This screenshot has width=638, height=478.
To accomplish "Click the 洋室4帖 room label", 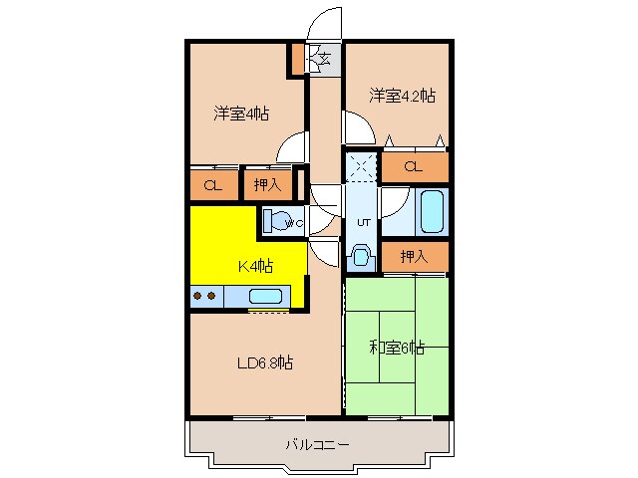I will pos(240,114).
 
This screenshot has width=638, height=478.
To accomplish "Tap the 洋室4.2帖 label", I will pos(402,96).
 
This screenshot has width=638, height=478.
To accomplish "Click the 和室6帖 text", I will pos(397,348).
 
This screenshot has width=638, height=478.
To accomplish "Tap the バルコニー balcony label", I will pos(317,444).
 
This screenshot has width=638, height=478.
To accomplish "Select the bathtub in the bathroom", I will pos(433,211).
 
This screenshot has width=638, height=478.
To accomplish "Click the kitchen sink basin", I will pos(265,296).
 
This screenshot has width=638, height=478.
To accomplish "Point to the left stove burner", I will pos(197,296).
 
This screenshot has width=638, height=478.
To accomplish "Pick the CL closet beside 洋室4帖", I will pos(213,184).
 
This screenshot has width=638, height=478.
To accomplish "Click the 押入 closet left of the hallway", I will pos(265,184).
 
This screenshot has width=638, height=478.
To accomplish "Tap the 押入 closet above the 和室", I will pos(415,256).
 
